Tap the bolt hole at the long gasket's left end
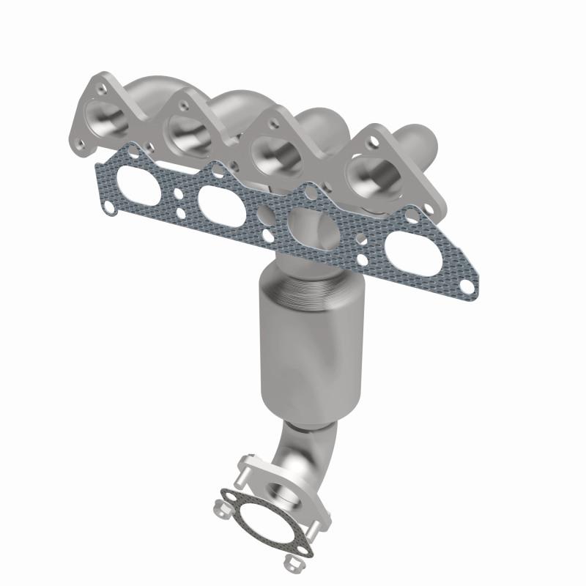pos(109,207)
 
